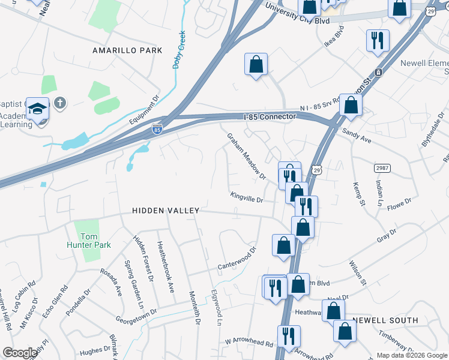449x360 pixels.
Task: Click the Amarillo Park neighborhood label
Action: click(x=127, y=50)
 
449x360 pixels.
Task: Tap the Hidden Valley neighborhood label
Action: click(x=166, y=211)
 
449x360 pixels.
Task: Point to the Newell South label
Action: click(x=385, y=320)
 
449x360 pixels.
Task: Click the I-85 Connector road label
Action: click(x=270, y=116)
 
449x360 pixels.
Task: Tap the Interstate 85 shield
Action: click(x=157, y=129)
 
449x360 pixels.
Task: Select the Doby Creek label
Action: click(x=179, y=50)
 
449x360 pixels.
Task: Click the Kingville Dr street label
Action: click(x=247, y=196)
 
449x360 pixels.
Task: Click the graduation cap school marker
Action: click(x=38, y=109)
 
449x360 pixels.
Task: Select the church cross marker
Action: click(x=59, y=103)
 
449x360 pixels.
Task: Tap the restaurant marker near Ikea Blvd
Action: click(x=378, y=41)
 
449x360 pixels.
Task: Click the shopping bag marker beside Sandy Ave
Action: click(x=351, y=104)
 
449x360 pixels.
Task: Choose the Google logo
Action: click(x=20, y=353)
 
